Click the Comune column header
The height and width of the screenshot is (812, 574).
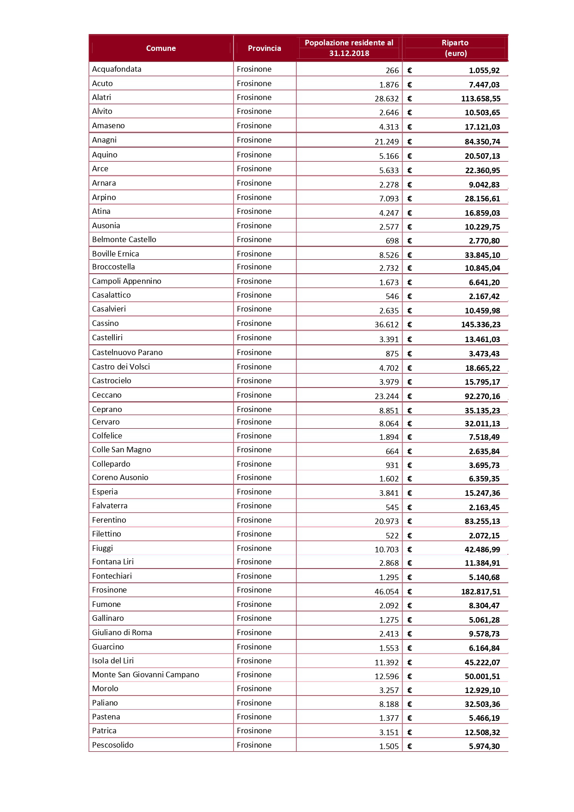click(161, 48)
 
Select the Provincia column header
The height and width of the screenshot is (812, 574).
click(264, 48)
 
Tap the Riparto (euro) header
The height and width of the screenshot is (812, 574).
click(455, 48)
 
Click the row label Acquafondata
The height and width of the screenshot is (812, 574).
click(117, 69)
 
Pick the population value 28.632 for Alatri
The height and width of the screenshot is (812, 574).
click(386, 99)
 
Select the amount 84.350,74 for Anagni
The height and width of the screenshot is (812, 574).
click(482, 142)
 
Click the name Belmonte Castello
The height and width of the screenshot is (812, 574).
click(124, 240)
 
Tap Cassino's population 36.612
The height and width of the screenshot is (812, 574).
click(386, 325)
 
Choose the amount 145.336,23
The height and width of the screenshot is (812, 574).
click(481, 325)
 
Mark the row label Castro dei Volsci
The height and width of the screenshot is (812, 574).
click(121, 367)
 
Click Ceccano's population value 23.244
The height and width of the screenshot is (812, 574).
click(386, 396)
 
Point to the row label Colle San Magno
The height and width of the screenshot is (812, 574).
click(121, 450)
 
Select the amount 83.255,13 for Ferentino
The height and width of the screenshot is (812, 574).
click(482, 521)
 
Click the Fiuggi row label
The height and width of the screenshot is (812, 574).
click(102, 548)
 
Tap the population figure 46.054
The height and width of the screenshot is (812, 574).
click(386, 592)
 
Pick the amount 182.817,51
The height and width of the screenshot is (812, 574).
click(481, 592)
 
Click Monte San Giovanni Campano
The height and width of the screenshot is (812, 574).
click(145, 675)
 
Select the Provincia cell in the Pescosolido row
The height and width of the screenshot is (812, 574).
click(254, 745)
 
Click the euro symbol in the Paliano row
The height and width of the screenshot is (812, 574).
click(410, 704)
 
